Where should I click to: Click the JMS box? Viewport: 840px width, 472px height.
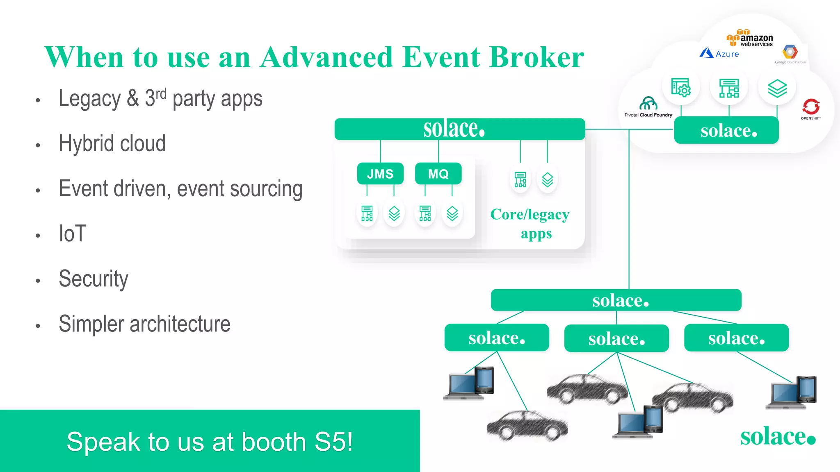[380, 174]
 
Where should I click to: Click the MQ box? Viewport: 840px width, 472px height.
[438, 174]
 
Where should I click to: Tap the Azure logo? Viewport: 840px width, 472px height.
[719, 53]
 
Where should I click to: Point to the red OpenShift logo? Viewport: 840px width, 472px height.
[811, 108]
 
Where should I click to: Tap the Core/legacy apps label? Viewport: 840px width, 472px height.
[530, 224]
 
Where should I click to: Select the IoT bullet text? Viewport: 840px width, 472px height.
[73, 234]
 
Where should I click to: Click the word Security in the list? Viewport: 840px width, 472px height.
[94, 279]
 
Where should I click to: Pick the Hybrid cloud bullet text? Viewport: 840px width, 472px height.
[112, 143]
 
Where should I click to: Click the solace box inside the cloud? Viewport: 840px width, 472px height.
[726, 130]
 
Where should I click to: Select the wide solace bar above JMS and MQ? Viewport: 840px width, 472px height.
[459, 129]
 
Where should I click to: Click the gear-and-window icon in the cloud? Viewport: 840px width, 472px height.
[680, 87]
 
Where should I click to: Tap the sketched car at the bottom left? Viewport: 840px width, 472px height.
[527, 426]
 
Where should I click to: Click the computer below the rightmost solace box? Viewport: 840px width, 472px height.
[792, 393]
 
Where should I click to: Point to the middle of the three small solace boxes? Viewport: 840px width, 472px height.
[616, 338]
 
